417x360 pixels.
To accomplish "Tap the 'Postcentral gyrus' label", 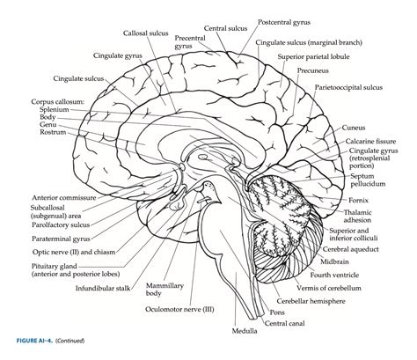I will [x=283, y=19].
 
